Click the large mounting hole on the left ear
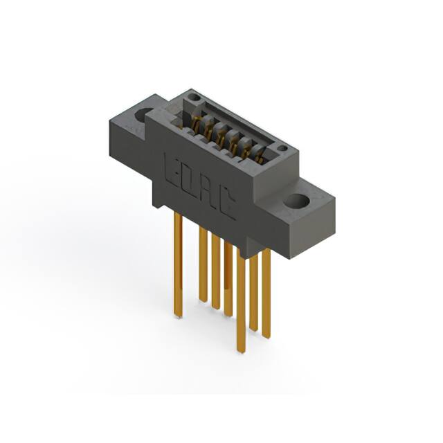pyautogui.click(x=145, y=116)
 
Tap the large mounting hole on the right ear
pyautogui.click(x=297, y=201)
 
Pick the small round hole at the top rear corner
pyautogui.click(x=195, y=98)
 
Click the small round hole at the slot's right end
pyautogui.click(x=282, y=148)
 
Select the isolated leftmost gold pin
pyautogui.click(x=178, y=266)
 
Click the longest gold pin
pyautogui.click(x=241, y=301)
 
